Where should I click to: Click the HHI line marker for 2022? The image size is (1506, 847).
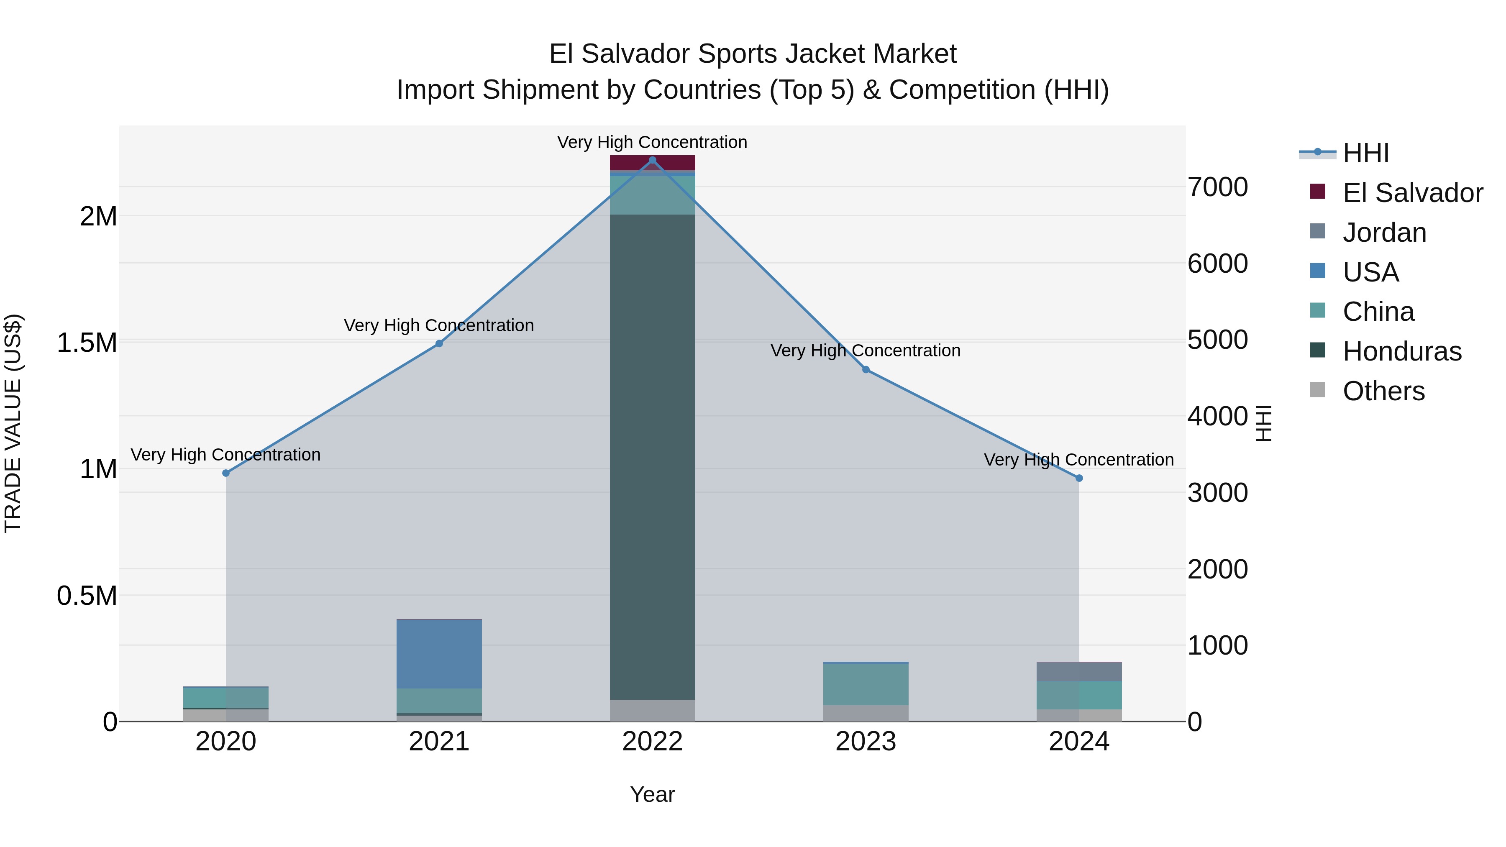(x=653, y=160)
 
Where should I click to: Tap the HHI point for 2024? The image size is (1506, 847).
(x=1079, y=478)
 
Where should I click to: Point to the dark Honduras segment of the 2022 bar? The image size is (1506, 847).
(x=653, y=456)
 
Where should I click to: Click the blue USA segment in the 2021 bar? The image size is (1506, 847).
(x=439, y=653)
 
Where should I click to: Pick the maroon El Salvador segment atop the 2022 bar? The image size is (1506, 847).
(x=653, y=163)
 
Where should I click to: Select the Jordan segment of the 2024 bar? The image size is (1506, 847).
(x=1079, y=672)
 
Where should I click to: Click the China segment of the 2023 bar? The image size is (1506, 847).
(x=866, y=684)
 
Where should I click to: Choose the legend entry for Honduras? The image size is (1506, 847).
(x=1401, y=351)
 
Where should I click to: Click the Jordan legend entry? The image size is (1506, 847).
(x=1384, y=233)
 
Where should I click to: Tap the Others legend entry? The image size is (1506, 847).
(x=1383, y=391)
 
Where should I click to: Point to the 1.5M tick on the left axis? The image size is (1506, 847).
(x=87, y=343)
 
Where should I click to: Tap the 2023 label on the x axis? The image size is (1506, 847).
(x=866, y=742)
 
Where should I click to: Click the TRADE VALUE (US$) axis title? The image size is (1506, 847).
(x=13, y=423)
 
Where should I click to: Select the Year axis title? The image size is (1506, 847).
(x=653, y=794)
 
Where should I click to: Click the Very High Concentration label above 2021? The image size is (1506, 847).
(x=439, y=325)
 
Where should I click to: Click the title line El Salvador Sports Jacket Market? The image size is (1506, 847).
(x=753, y=54)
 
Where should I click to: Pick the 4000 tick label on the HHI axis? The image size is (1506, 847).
(x=1218, y=416)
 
